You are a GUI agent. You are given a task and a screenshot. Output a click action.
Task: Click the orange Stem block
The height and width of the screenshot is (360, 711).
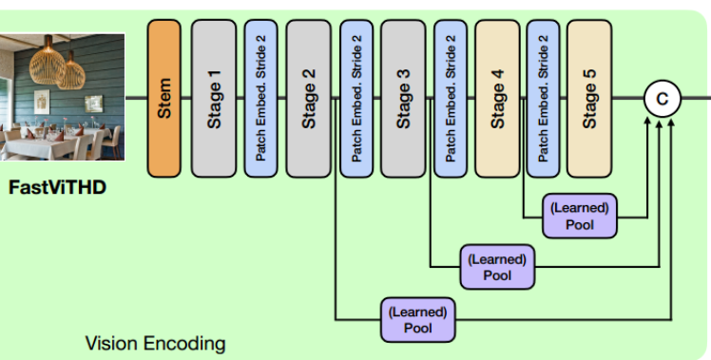click(163, 98)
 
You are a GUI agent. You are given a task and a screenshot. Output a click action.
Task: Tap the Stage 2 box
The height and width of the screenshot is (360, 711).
click(308, 98)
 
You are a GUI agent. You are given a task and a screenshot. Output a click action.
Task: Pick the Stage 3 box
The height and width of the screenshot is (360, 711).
click(403, 98)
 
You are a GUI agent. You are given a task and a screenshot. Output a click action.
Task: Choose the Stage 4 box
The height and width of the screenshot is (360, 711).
click(497, 98)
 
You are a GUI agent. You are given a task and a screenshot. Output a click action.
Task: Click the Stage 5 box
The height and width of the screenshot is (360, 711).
click(589, 98)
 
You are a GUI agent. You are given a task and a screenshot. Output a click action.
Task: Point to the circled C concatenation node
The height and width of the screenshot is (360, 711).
click(662, 98)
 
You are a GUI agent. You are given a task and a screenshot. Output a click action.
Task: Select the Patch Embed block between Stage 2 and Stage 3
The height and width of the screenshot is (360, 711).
click(355, 98)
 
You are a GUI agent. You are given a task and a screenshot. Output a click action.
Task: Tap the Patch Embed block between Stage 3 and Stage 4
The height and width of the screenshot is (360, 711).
click(450, 98)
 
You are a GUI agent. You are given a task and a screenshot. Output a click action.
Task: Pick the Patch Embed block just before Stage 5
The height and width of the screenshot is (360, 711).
click(543, 98)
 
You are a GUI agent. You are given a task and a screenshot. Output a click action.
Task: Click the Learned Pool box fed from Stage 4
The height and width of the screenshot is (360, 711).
click(580, 215)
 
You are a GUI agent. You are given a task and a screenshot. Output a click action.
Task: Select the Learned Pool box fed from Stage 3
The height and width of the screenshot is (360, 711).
click(497, 266)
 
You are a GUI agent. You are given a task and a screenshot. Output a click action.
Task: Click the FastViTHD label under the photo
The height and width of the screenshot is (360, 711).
click(58, 187)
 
